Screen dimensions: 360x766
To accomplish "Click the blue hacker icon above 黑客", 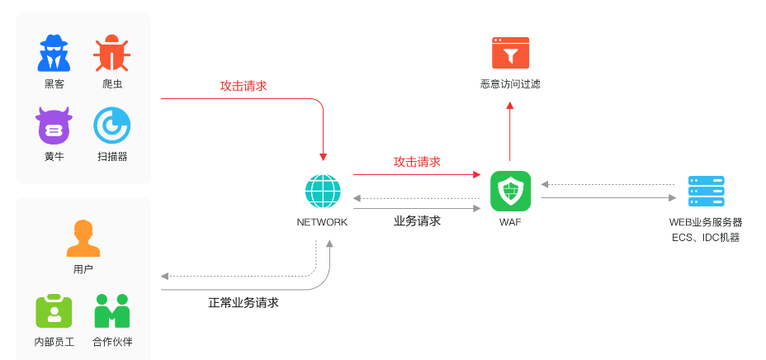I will click(54, 54).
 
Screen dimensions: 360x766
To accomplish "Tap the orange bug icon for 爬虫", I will click(111, 54).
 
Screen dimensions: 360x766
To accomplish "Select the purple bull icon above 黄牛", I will click(54, 126).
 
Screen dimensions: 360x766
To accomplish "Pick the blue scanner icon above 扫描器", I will click(111, 126).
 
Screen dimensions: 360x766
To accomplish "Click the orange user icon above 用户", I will click(83, 239).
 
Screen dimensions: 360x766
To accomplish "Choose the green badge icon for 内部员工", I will click(54, 311).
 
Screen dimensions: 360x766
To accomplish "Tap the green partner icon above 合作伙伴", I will click(112, 311).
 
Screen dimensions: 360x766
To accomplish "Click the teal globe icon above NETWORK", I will click(322, 192).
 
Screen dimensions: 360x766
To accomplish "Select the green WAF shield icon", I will click(510, 192).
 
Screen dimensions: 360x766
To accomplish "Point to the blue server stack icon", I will click(706, 192).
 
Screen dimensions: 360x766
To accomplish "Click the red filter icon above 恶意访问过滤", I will click(510, 53).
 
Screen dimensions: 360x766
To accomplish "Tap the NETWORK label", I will click(322, 222).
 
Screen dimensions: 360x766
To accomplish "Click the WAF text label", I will click(510, 222).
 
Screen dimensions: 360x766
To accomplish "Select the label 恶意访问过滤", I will click(510, 83).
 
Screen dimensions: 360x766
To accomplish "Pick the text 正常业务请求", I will click(244, 303).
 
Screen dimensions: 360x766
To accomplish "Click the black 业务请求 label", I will click(417, 221).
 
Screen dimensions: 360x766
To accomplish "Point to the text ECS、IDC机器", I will click(706, 238).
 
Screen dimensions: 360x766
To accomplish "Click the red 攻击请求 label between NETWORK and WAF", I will click(417, 162).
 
